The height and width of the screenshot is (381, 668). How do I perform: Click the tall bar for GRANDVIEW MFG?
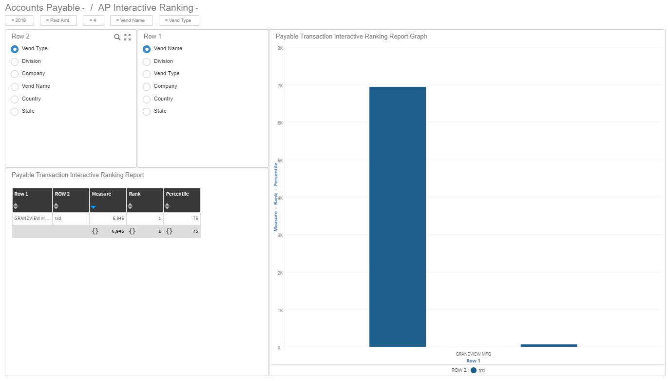[x=398, y=217]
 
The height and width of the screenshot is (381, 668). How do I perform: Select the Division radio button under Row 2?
[x=15, y=61]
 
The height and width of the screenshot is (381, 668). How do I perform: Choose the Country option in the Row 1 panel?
[x=147, y=99]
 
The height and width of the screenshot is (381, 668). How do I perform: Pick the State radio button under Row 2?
[x=15, y=111]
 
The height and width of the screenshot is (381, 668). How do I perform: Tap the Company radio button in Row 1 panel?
[x=147, y=86]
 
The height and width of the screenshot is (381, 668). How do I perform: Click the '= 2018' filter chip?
[x=19, y=20]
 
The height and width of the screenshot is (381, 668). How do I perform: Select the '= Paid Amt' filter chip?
[x=58, y=20]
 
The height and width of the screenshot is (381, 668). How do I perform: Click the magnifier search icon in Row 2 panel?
[x=117, y=37]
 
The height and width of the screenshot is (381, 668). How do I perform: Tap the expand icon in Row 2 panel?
[x=128, y=37]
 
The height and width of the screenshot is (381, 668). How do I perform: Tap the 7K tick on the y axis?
[x=280, y=85]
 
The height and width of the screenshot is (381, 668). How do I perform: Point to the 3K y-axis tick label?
[x=280, y=235]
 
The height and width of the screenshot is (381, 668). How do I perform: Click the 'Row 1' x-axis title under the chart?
[x=473, y=361]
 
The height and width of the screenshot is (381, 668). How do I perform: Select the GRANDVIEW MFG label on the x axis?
[x=473, y=354]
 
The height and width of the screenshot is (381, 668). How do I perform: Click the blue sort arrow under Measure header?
[x=94, y=207]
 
